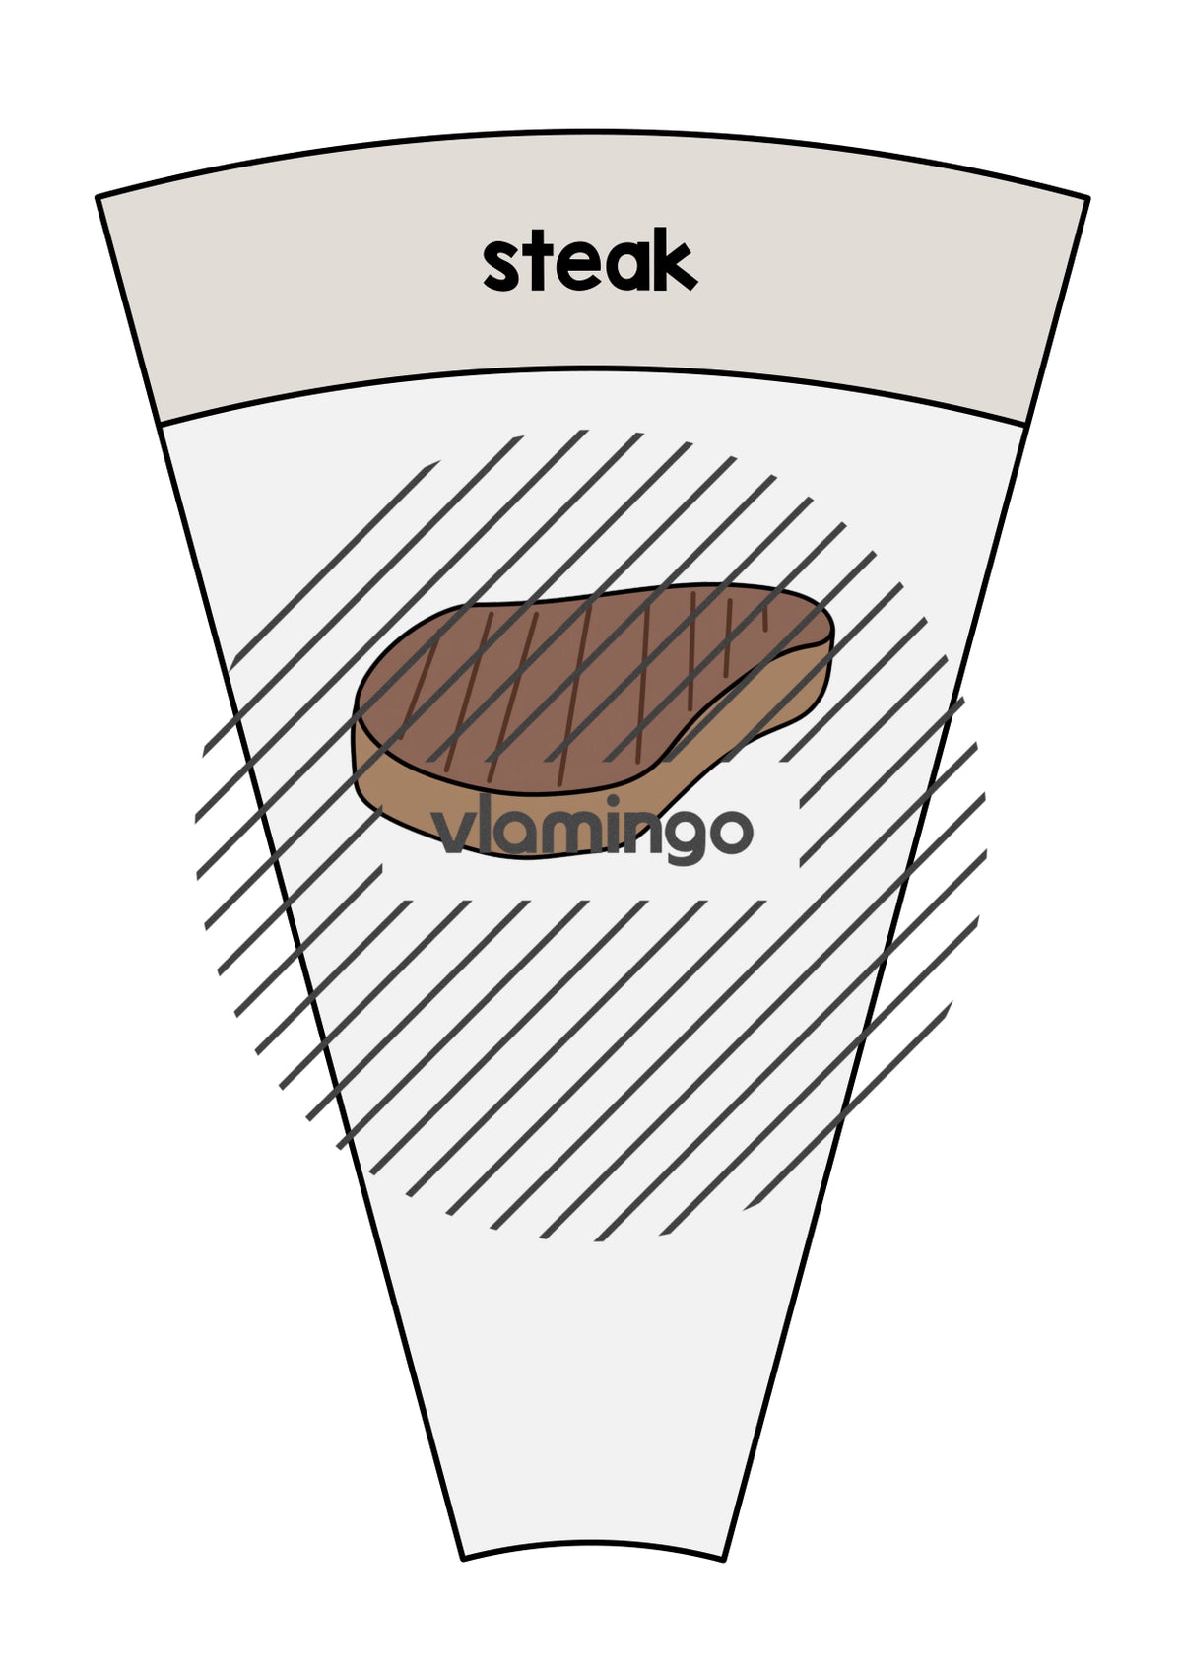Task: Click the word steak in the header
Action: [590, 264]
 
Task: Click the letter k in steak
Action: [671, 264]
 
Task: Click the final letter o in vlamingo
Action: [731, 832]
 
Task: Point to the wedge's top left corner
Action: [98, 197]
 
